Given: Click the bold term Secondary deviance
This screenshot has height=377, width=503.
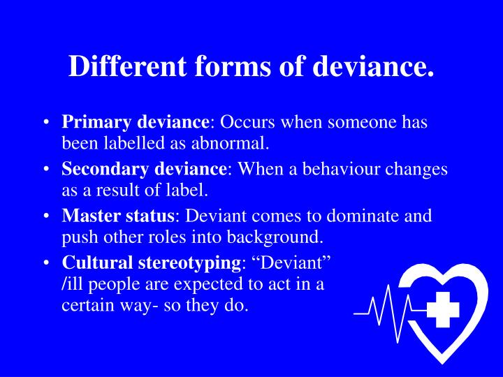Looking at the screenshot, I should point(145,170).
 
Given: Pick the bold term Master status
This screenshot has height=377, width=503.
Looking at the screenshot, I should point(119,216).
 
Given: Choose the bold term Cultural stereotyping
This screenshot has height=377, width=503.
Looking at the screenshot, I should point(152,263).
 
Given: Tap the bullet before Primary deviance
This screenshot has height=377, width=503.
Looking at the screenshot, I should point(45,124).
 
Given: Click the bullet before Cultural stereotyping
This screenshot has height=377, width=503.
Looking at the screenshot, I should point(45,264).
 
